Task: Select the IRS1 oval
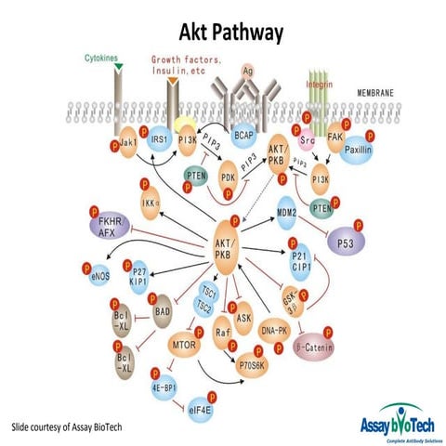pos(159,140)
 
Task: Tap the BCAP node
pos(244,136)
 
